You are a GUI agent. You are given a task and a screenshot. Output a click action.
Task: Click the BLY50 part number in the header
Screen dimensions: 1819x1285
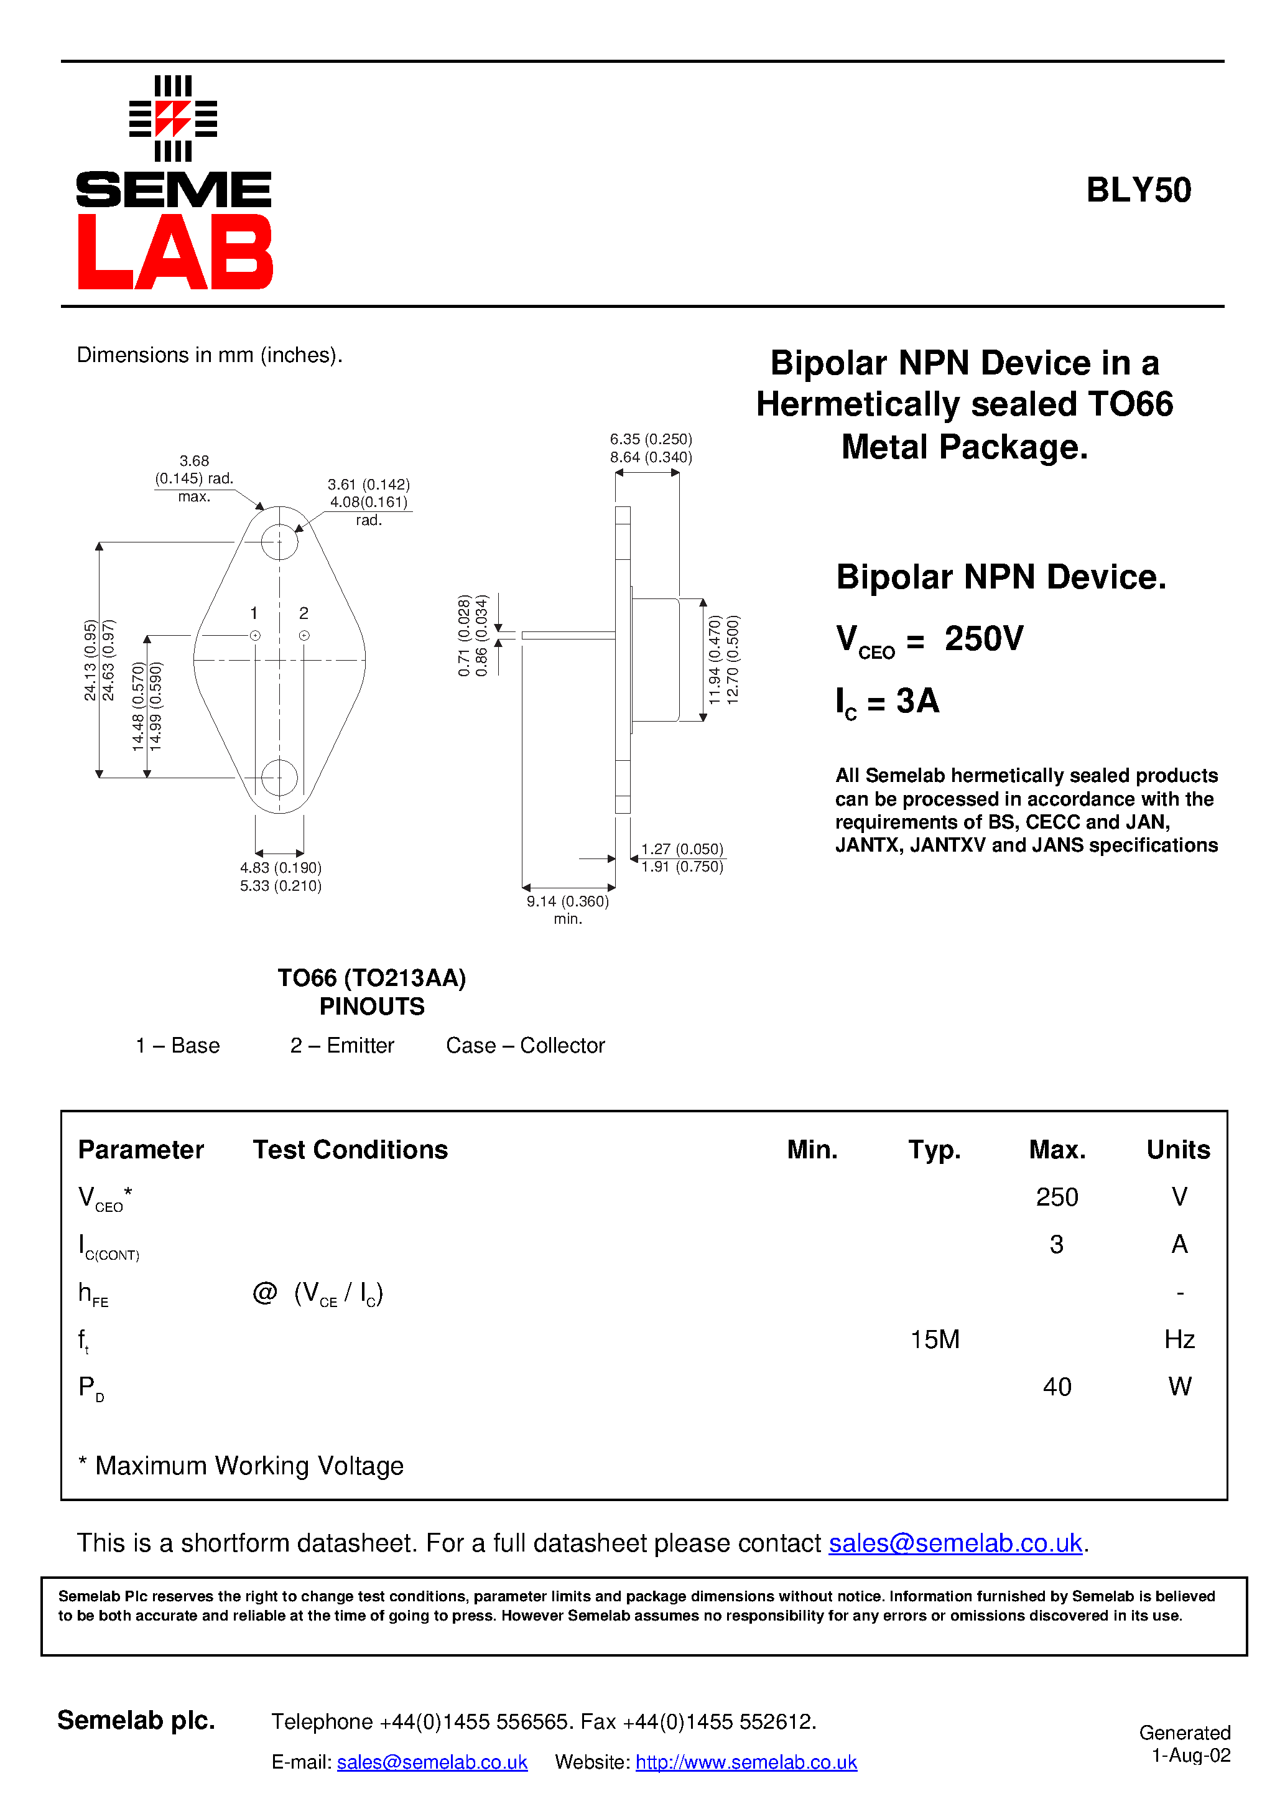pos(1138,190)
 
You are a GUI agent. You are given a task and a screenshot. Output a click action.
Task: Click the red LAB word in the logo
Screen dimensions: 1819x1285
pos(175,252)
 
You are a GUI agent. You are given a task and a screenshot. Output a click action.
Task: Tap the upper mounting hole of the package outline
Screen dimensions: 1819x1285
pos(280,542)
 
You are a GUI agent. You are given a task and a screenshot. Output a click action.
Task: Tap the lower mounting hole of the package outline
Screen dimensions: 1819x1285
pos(280,777)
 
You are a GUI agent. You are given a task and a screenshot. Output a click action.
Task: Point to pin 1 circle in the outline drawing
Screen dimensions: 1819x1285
pos(255,635)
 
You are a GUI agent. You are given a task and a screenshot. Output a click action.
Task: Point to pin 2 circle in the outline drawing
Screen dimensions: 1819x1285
pos(304,635)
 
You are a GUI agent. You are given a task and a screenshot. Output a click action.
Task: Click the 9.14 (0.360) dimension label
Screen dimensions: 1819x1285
pos(567,901)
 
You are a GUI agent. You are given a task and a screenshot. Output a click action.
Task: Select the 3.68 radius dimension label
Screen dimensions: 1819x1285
pos(194,461)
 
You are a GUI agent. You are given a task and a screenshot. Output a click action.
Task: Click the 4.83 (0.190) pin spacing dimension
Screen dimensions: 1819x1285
pos(281,868)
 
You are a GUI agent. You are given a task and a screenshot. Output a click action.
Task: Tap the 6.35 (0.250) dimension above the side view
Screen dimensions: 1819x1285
pos(651,440)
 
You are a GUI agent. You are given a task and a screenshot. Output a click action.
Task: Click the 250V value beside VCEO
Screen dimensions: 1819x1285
pos(983,638)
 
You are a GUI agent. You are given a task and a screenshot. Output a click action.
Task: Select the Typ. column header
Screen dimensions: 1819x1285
pos(934,1150)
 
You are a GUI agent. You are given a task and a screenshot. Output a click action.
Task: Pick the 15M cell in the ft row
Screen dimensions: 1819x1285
pos(935,1340)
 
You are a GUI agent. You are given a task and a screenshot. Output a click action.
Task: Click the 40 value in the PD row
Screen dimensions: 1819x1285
pos(1057,1387)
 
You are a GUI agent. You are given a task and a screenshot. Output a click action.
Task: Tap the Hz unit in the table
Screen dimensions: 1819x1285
pos(1179,1340)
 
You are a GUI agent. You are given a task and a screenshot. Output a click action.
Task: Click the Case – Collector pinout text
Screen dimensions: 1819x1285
pos(525,1046)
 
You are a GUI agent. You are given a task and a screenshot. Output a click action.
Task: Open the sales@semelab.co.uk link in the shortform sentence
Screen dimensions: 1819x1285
pos(955,1543)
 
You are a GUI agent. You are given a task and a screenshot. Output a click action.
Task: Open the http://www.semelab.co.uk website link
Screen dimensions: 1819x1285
pos(746,1763)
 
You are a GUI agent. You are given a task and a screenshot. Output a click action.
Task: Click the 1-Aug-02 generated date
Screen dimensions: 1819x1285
pos(1190,1756)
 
